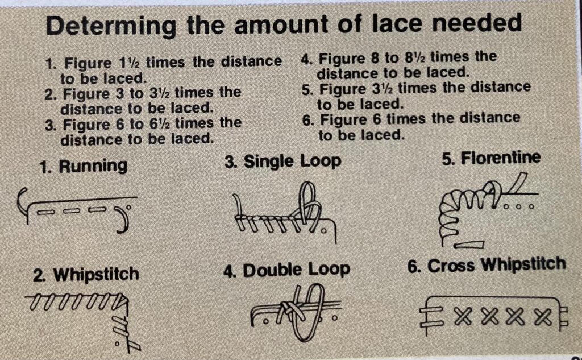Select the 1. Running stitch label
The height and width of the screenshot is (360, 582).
(x=83, y=166)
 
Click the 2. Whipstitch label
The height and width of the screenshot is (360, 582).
(x=86, y=275)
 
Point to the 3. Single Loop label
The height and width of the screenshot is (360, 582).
(x=283, y=162)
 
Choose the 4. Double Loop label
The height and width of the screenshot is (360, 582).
(x=286, y=270)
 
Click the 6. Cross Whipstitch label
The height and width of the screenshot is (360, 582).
(x=487, y=265)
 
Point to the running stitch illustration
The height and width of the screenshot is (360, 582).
(x=77, y=210)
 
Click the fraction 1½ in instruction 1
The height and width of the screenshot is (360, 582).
(x=128, y=63)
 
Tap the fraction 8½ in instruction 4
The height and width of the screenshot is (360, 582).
(x=414, y=57)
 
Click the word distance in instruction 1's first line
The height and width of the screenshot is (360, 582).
(x=251, y=61)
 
